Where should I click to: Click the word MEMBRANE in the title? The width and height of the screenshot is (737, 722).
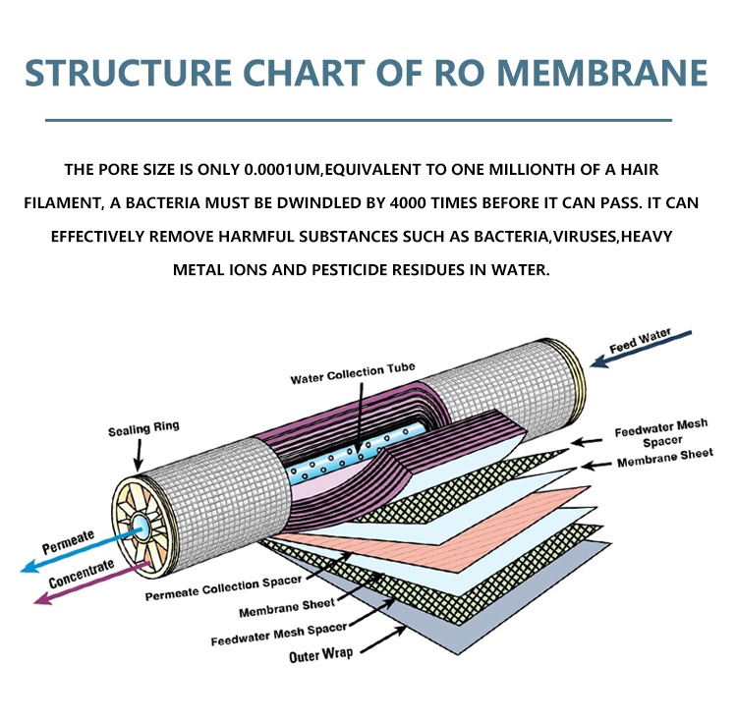click(602, 73)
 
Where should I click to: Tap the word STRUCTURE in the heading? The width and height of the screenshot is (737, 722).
click(128, 73)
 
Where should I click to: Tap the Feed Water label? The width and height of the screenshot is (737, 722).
click(640, 341)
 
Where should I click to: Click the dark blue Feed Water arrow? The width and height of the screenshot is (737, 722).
click(641, 349)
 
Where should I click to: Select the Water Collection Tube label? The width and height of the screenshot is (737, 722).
click(353, 373)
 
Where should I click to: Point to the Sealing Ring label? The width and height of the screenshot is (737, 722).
click(143, 428)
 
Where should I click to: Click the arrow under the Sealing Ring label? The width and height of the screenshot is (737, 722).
click(139, 455)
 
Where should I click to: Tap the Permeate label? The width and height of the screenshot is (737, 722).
click(68, 542)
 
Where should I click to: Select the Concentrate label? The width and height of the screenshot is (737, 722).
click(82, 574)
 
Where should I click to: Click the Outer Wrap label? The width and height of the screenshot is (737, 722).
click(321, 654)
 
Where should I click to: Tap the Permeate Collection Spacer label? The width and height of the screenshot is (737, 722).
click(223, 588)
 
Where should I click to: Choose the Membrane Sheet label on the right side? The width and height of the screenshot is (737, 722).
click(665, 458)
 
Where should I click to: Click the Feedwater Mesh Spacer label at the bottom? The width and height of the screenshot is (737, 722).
click(279, 635)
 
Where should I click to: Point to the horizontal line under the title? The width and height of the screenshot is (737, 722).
click(359, 120)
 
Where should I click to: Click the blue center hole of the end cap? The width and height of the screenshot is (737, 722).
click(141, 523)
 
